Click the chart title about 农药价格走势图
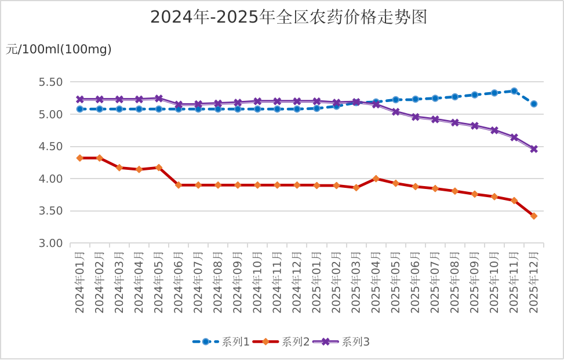[x=289, y=17]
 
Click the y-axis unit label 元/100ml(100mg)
[x=59, y=50]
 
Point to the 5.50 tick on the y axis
[x=50, y=82]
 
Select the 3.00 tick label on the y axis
[x=50, y=243]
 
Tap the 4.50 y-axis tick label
[x=50, y=147]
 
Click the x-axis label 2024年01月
[x=80, y=282]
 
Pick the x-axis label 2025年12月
[x=534, y=282]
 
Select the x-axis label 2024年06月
[x=179, y=282]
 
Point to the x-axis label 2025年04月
[x=376, y=282]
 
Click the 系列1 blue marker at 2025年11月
[x=514, y=91]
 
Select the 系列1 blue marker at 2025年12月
[x=534, y=104]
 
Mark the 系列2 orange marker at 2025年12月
[x=534, y=216]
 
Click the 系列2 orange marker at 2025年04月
[x=376, y=179]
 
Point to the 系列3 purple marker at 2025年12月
[x=534, y=149]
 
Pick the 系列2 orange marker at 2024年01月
[x=80, y=158]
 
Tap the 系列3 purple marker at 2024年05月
[x=159, y=99]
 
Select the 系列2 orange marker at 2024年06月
[x=179, y=185]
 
